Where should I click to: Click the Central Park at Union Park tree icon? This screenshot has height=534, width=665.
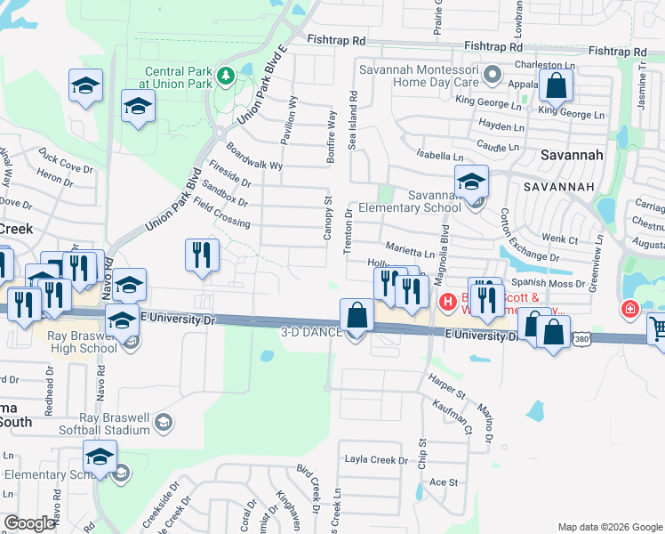pyautogui.click(x=226, y=75)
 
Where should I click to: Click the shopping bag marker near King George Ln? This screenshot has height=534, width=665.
pyautogui.click(x=556, y=87)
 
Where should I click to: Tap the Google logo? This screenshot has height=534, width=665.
pyautogui.click(x=29, y=523)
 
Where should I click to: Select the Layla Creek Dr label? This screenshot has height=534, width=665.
pyautogui.click(x=377, y=461)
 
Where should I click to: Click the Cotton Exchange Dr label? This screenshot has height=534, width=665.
pyautogui.click(x=527, y=236)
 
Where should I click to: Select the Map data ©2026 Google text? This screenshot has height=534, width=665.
pyautogui.click(x=609, y=527)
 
